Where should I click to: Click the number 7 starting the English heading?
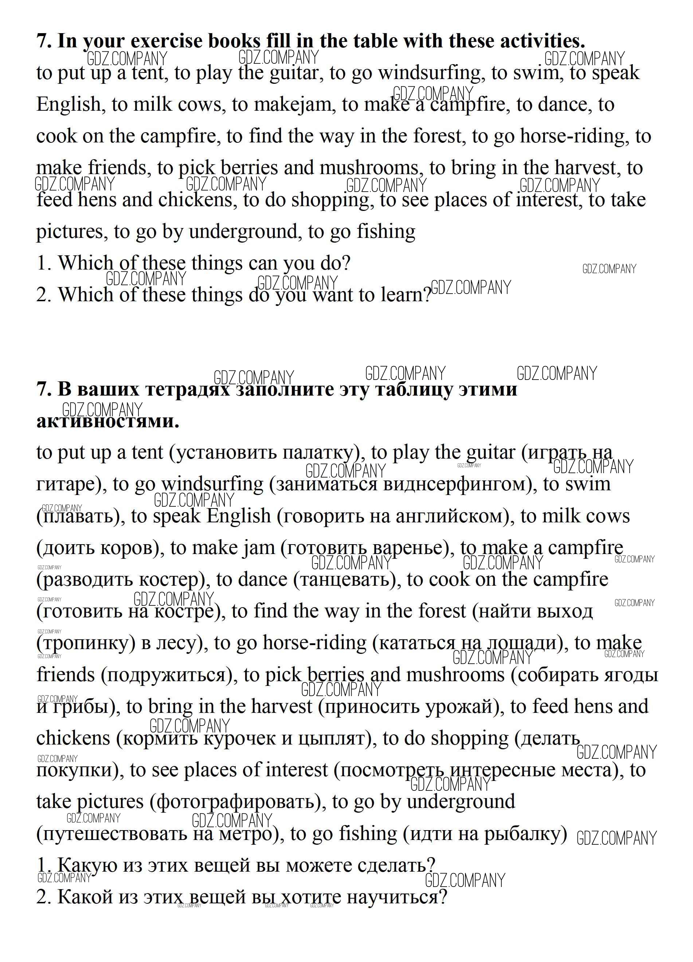[41, 41]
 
